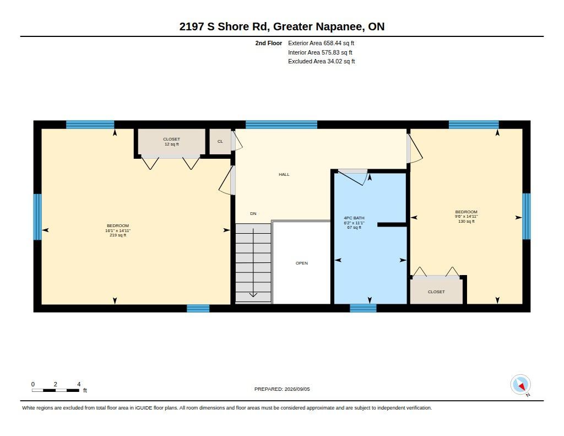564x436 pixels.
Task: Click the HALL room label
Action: [x=284, y=174]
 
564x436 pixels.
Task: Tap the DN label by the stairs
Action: [x=253, y=213]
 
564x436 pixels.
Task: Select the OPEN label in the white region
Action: [x=301, y=263]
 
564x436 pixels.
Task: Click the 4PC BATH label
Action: [x=354, y=218]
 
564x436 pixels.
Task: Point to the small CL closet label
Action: [x=220, y=142]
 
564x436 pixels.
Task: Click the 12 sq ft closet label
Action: [x=172, y=144]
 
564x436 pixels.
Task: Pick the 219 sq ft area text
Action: [x=118, y=235]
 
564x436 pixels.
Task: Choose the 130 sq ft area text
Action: [x=466, y=222]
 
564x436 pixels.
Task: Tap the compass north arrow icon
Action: [x=520, y=385]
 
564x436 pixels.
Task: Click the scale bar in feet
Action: [x=56, y=390]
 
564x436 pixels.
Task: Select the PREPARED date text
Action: [x=282, y=389]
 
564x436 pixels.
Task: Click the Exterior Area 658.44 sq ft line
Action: [x=321, y=43]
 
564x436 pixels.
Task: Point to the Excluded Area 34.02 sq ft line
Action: [x=322, y=62]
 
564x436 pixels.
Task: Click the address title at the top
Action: [x=282, y=26]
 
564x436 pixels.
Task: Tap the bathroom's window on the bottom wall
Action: [x=363, y=308]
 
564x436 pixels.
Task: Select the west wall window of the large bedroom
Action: [x=37, y=217]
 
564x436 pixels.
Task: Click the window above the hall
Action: [x=281, y=125]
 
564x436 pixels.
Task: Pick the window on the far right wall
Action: [x=526, y=217]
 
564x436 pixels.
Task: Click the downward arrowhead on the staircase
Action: [x=253, y=294]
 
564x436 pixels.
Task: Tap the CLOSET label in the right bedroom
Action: [x=436, y=292]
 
